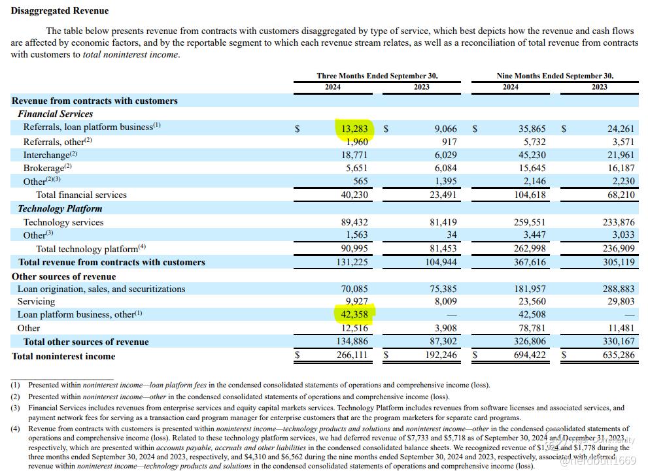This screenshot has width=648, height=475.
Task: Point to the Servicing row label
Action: (36, 301)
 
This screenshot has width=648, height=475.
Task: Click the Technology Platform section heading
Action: (60, 208)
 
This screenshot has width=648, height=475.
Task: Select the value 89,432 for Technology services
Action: (354, 222)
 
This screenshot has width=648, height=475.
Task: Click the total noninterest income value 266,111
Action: (354, 355)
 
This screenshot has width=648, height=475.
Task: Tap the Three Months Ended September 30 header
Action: (377, 76)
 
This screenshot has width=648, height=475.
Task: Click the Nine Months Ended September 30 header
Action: (554, 76)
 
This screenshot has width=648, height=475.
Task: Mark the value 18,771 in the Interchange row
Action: (354, 155)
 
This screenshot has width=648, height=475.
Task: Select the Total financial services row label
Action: (81, 195)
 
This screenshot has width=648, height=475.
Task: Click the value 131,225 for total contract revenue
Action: (354, 262)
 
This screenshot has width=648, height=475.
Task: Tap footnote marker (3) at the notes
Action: (15, 408)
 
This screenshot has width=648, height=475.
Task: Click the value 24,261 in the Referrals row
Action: (621, 128)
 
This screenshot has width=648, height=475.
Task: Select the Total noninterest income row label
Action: (63, 356)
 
